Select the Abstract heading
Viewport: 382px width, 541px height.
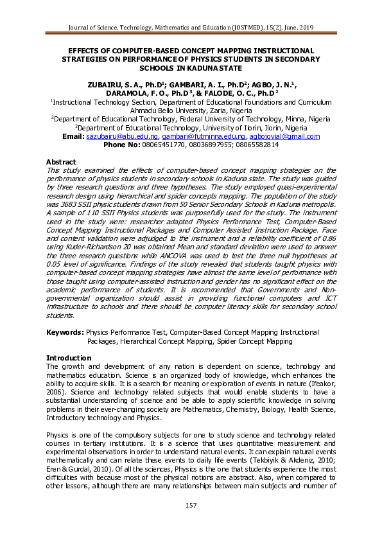click(61, 161)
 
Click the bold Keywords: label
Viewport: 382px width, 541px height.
click(65, 332)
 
